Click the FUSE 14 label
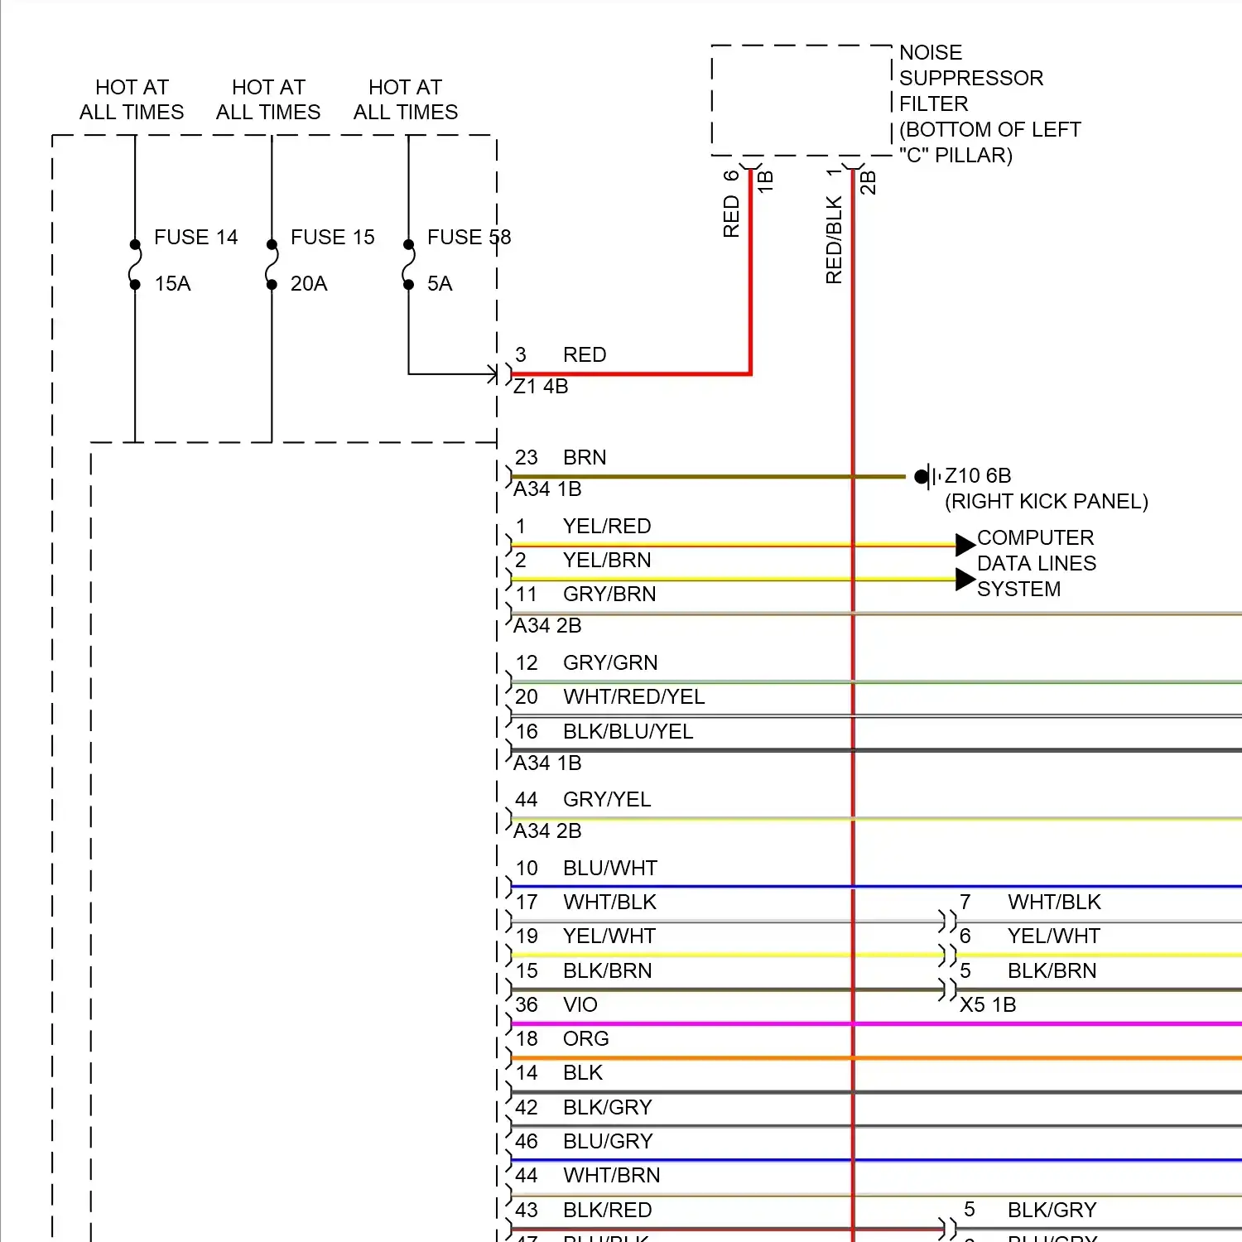[x=195, y=238]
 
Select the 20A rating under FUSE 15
[x=309, y=284]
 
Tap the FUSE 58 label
[x=469, y=238]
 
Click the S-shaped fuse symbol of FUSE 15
[x=272, y=265]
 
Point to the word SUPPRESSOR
[x=971, y=79]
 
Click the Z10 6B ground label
[x=978, y=476]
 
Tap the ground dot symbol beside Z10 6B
[x=921, y=476]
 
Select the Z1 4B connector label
[x=541, y=387]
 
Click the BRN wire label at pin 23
[x=585, y=458]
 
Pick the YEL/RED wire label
[x=607, y=527]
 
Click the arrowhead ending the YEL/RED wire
[x=965, y=545]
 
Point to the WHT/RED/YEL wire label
[x=633, y=697]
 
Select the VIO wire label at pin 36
[x=580, y=1005]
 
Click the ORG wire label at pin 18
[x=585, y=1039]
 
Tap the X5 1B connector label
[x=988, y=1005]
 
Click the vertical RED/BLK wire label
[x=834, y=240]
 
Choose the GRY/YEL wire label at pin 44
[x=607, y=800]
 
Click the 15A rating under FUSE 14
[x=172, y=284]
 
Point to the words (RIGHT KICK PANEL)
[x=1047, y=502]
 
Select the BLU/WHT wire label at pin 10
[x=610, y=869]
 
